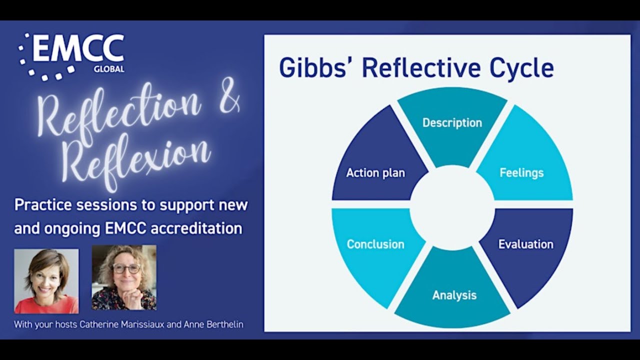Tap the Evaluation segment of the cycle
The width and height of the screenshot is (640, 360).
525,244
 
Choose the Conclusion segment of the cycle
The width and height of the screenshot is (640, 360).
375,244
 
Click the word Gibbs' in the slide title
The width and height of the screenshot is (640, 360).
316,67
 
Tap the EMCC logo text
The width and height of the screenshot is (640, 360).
78,48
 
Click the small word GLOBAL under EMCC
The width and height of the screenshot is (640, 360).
108,69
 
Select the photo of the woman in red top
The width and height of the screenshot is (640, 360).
46,281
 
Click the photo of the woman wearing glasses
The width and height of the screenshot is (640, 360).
124,277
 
